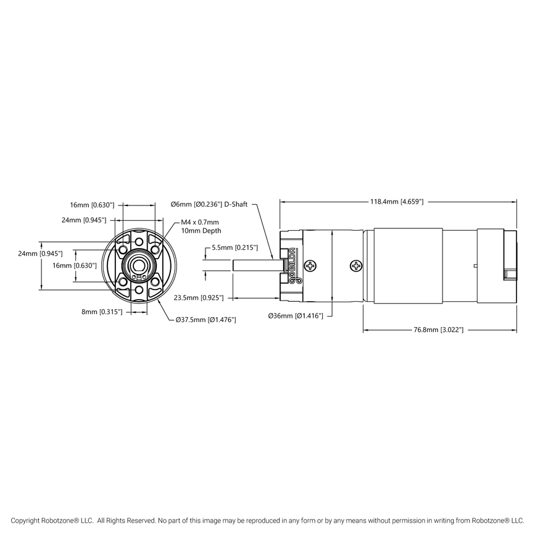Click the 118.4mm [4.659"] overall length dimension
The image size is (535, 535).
point(397,201)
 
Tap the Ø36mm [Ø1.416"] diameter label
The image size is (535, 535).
point(296,315)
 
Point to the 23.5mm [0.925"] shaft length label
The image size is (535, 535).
point(199,297)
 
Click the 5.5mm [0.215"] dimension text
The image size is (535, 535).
point(234,247)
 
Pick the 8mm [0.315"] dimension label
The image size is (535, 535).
point(102,312)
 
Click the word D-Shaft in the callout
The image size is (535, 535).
point(236,204)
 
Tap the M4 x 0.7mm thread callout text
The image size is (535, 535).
point(200,222)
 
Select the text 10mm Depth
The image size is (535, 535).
point(201,231)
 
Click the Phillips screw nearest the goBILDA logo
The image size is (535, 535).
point(314,266)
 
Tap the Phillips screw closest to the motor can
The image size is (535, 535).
point(357,266)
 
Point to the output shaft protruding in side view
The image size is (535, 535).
point(257,265)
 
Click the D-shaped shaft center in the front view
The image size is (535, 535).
point(139,265)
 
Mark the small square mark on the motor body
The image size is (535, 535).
point(475,266)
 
